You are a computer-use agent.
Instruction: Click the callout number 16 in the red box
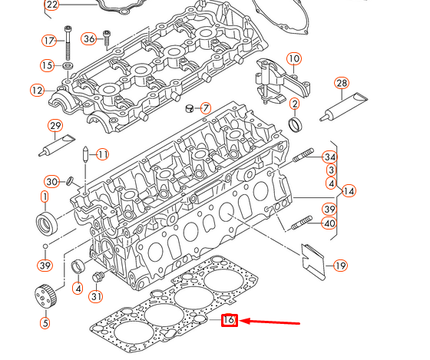pos(229,321)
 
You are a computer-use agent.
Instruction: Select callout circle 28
pos(342,83)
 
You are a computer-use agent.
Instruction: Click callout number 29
pos(55,126)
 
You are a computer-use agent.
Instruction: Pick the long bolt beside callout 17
pos(69,42)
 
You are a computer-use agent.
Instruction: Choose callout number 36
pos(89,38)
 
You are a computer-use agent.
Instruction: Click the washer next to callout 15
pos(68,66)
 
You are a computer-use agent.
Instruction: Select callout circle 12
pos(38,91)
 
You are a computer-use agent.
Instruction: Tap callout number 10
pos(294,59)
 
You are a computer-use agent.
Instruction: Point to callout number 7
pos(206,107)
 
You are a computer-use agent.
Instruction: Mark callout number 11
pos(103,154)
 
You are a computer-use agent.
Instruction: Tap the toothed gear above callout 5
pos(45,294)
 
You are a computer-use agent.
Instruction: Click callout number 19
pos(340,266)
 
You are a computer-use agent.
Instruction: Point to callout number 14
pos(349,190)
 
